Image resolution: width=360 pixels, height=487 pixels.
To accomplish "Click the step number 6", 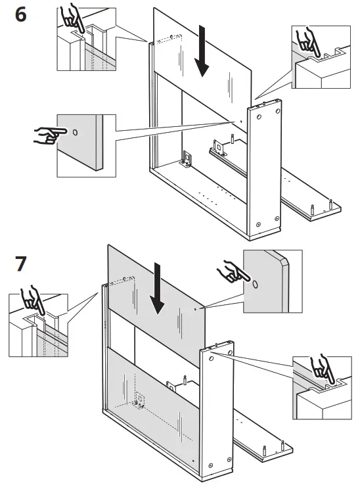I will pos(20,14).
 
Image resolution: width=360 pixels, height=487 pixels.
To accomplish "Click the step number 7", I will pos(20,264).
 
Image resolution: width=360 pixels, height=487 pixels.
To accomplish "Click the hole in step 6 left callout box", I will pos(75,133).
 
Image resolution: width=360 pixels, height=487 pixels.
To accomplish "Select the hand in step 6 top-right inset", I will pos(306,41).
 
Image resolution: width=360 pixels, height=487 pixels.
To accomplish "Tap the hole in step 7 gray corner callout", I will pos(255,286).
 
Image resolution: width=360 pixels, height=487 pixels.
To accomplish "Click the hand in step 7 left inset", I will pos(30,302).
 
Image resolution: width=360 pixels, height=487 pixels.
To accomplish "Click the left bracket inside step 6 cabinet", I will pos(187,158).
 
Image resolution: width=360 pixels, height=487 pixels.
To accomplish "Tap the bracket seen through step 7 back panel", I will pos(140,400).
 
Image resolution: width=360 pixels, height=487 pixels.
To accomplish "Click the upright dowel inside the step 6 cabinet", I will pos(233,139).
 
